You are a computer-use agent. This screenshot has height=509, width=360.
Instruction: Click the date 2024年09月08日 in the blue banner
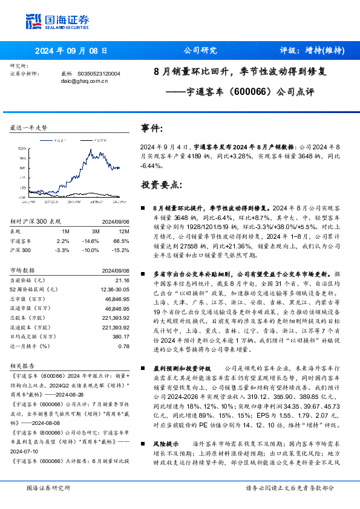(71, 51)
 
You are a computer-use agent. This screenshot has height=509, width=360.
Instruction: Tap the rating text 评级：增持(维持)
(312, 51)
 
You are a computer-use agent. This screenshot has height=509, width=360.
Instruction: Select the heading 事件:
(152, 129)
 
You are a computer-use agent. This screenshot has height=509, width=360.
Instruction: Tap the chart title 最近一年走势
(28, 128)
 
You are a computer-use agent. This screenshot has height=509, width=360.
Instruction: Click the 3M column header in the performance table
(95, 230)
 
